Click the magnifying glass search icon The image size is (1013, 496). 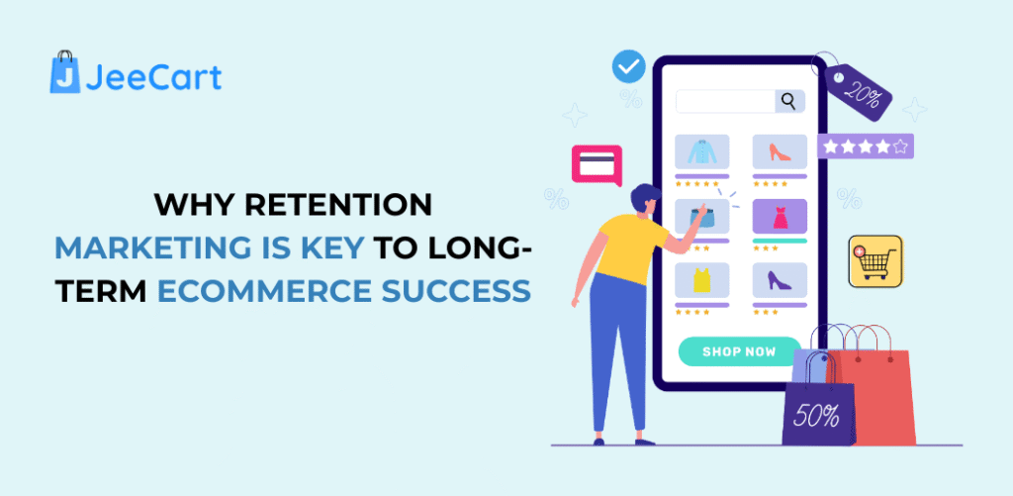[x=788, y=101]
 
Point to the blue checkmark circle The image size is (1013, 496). [x=628, y=67]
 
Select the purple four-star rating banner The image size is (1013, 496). [x=865, y=147]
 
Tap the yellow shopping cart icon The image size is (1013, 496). [x=875, y=261]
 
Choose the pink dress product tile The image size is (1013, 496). [x=780, y=216]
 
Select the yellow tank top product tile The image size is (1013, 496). [x=701, y=280]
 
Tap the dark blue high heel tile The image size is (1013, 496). [x=780, y=280]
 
